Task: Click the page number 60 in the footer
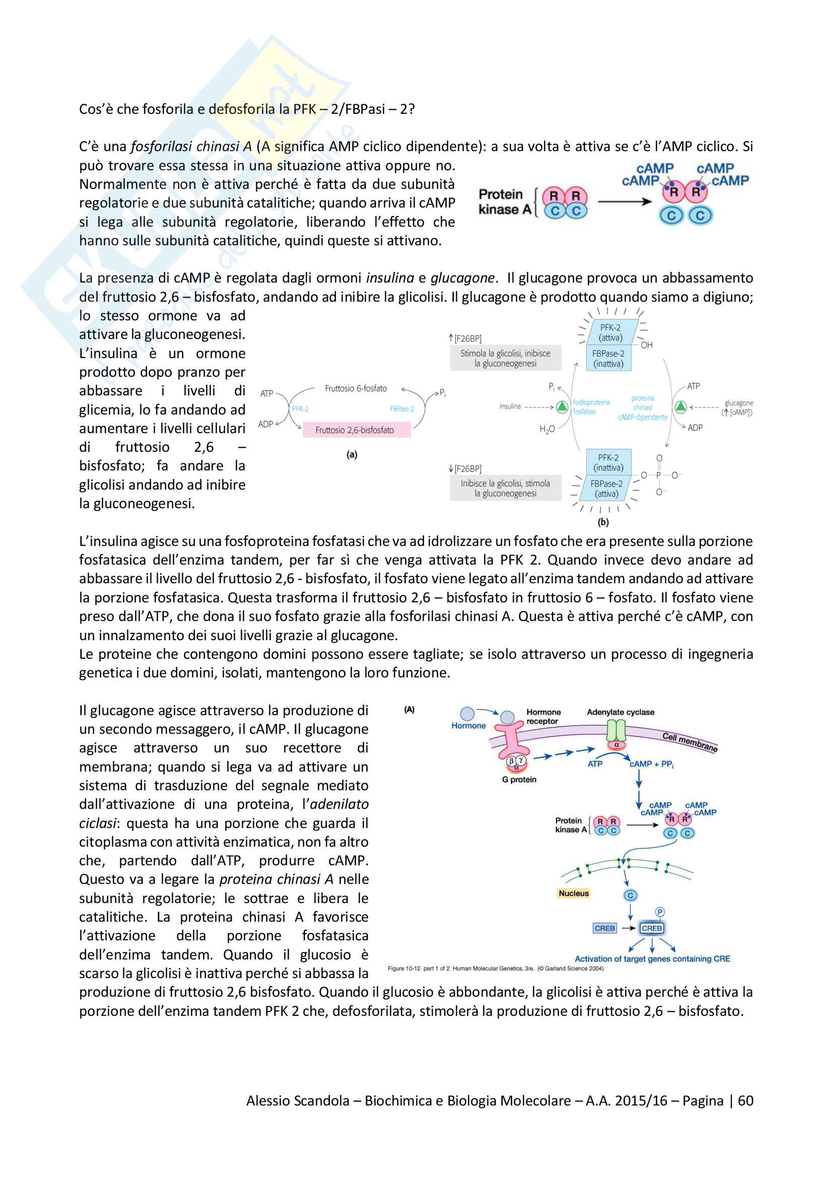pos(745,1100)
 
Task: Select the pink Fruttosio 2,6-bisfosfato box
pos(357,430)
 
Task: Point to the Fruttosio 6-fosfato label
pos(356,388)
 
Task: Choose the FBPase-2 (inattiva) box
pos(608,359)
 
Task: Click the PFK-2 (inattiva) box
pos(608,462)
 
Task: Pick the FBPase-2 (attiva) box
pos(606,489)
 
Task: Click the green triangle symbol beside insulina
pos(562,407)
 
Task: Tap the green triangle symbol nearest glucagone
pos(681,407)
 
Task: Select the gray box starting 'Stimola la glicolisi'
pos(505,358)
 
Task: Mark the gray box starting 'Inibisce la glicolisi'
pos(505,488)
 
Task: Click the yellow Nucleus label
pos(574,893)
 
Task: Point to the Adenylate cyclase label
pos(620,712)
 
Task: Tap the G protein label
pos(519,779)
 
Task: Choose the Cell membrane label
pos(689,742)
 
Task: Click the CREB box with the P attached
pos(651,928)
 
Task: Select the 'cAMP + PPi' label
pos(651,764)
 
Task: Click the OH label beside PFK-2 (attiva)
pos(646,345)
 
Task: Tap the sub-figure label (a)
pos(352,455)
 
